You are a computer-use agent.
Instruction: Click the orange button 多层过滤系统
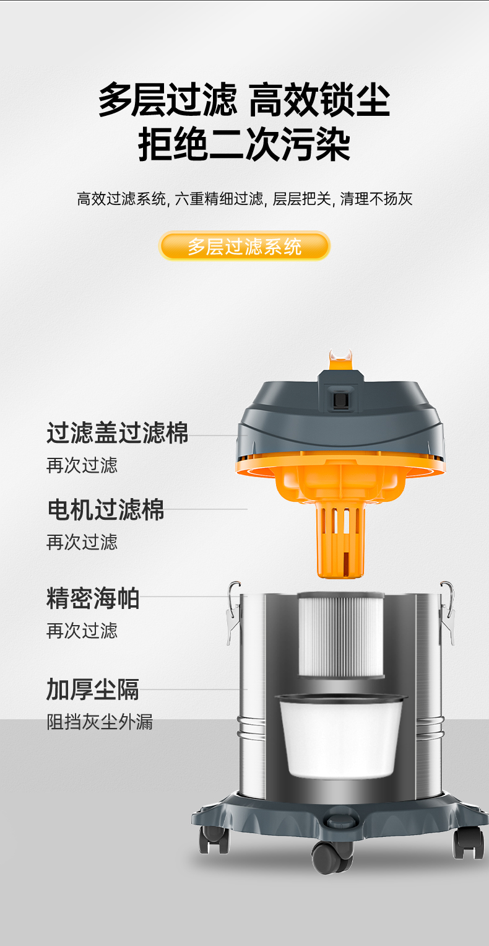coord(244,246)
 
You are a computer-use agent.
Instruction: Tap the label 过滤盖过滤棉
coord(117,433)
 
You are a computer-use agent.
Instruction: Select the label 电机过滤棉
coord(105,509)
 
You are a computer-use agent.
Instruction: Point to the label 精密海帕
coord(93,598)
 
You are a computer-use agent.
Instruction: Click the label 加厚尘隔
coord(93,690)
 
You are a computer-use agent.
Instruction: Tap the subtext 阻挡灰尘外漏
coord(100,722)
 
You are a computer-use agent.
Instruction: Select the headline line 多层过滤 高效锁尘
coord(244,100)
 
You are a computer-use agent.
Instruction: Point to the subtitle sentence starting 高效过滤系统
coord(244,198)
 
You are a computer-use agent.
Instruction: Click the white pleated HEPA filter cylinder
coord(341,635)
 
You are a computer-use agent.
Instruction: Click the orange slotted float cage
coord(340,540)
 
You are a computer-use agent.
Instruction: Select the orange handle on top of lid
coord(341,360)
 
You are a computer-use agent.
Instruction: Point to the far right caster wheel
coord(469,843)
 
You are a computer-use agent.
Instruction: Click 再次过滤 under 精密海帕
coord(82,631)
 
